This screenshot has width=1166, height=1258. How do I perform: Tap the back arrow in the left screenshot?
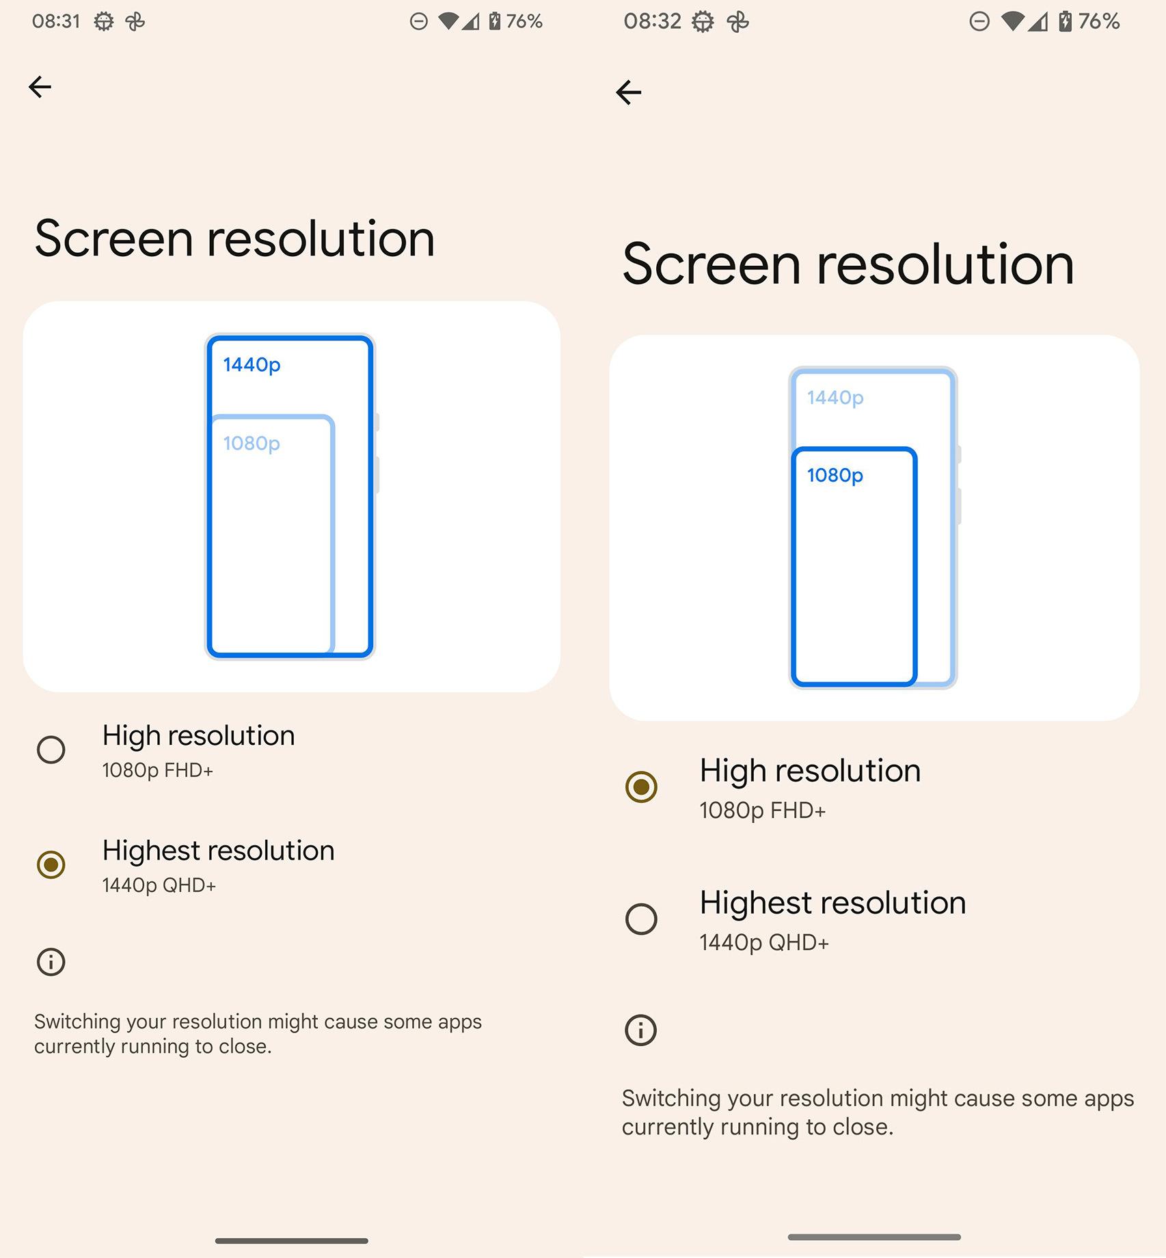(x=40, y=87)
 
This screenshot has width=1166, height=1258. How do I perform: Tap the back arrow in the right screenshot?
(x=628, y=92)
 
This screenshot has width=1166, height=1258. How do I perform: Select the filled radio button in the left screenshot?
(x=51, y=864)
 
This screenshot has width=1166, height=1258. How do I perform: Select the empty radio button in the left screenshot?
(x=51, y=750)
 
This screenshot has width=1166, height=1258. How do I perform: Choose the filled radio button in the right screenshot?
(x=641, y=787)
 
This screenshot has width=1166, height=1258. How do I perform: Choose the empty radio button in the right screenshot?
(x=641, y=919)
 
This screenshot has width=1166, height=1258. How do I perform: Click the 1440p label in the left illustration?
(x=252, y=365)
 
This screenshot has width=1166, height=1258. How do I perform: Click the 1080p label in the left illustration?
(x=252, y=443)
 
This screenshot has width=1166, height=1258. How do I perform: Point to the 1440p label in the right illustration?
(x=835, y=398)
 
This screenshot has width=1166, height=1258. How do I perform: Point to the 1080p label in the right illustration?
(x=835, y=475)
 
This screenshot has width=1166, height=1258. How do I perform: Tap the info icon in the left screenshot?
(x=51, y=962)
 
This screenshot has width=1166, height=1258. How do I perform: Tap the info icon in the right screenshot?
(x=641, y=1030)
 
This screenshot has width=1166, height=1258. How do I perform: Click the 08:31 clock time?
(x=56, y=21)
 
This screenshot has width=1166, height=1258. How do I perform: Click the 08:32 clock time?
(x=652, y=21)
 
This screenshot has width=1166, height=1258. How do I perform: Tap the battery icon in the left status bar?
(x=494, y=21)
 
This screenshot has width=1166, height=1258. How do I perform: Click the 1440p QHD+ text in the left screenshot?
(x=159, y=886)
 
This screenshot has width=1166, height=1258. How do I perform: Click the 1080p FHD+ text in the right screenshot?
(x=763, y=810)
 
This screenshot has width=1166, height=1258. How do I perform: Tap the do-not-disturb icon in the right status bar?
(x=979, y=22)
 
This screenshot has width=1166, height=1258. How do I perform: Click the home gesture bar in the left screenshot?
(x=292, y=1240)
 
